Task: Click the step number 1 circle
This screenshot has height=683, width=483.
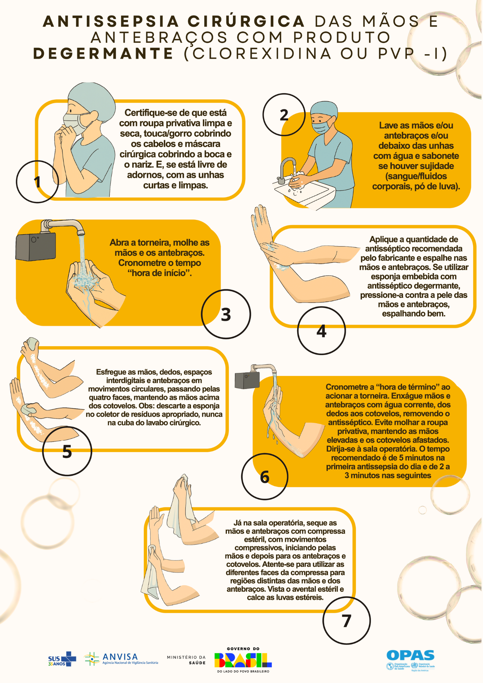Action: point(37,182)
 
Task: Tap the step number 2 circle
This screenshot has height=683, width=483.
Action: point(284,115)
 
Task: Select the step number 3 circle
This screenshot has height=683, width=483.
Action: point(226,314)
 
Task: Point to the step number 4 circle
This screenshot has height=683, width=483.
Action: point(321,331)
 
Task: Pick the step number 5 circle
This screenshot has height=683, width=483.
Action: point(67,451)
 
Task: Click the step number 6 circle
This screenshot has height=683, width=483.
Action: point(265,477)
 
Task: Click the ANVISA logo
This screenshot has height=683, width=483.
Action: point(121,659)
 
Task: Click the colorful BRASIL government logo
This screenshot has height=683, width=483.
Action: point(243,660)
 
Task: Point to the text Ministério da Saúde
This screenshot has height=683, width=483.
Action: point(186,660)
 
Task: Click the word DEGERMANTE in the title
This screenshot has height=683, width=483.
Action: point(104,54)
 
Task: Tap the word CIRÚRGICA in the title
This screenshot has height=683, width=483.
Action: point(246,22)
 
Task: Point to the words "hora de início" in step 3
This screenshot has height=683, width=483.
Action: point(159,273)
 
